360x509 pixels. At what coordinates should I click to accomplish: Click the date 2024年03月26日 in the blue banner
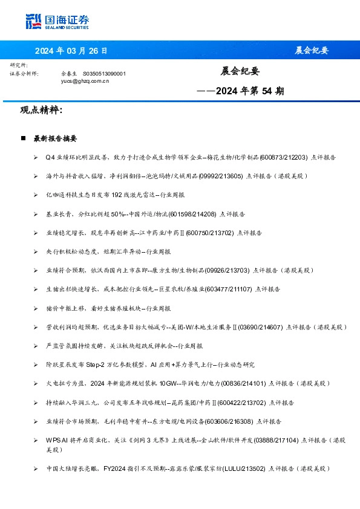tap(71, 50)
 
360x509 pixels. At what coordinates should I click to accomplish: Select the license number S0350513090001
tap(104, 73)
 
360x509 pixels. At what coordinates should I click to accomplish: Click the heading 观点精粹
tap(41, 111)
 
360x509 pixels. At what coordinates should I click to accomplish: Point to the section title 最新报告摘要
tap(55, 138)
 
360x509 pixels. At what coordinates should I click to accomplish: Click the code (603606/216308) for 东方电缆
tap(230, 421)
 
